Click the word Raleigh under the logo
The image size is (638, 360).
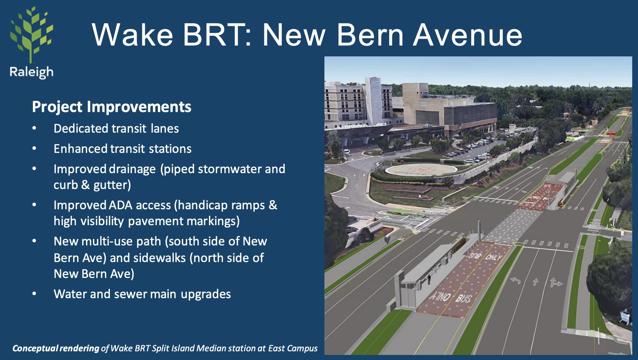click(x=31, y=72)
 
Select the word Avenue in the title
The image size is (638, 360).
click(x=468, y=35)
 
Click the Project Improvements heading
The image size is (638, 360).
click(x=112, y=107)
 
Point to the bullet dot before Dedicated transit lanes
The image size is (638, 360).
click(x=34, y=128)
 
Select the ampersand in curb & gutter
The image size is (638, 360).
click(x=85, y=185)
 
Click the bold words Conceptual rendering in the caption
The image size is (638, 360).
click(x=56, y=348)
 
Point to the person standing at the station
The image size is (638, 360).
click(x=430, y=279)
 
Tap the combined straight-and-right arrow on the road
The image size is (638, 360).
click(x=556, y=282)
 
